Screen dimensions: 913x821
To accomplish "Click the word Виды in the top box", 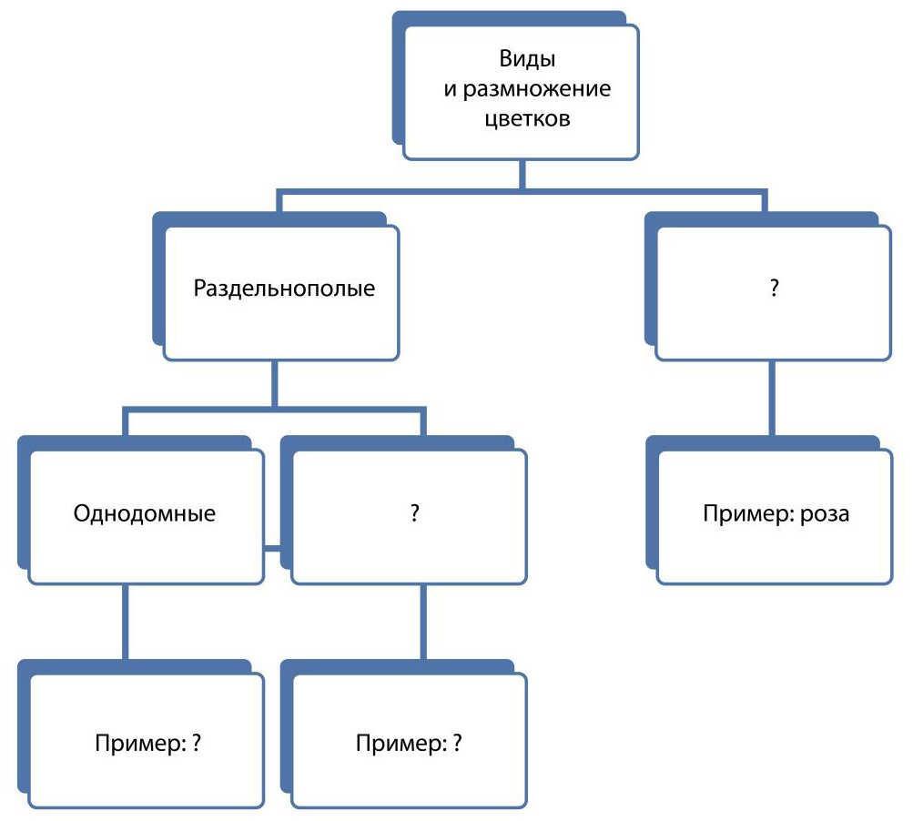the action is [x=527, y=59].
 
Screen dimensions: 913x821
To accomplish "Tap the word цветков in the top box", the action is [x=527, y=119].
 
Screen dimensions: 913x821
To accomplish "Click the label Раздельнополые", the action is [x=284, y=289].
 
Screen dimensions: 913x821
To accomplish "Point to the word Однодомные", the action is [x=145, y=513].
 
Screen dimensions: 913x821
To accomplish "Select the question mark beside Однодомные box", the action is [x=414, y=513].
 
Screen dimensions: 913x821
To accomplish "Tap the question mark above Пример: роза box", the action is [x=774, y=288].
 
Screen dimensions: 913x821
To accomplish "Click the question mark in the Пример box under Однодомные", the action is [x=196, y=743].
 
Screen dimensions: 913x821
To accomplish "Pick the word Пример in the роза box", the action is [x=748, y=513].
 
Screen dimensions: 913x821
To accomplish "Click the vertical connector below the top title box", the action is [x=522, y=174].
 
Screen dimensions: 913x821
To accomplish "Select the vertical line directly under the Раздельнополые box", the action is [x=274, y=384].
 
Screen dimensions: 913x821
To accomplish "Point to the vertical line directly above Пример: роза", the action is [x=772, y=399].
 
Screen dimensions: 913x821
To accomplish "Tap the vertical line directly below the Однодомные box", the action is [x=126, y=623].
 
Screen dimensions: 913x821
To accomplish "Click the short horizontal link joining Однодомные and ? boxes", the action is [x=272, y=548].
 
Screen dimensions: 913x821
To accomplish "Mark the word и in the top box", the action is [x=450, y=90].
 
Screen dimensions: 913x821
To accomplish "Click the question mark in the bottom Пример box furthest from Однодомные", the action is [x=457, y=743].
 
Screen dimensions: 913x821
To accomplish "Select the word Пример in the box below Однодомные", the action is [x=140, y=744].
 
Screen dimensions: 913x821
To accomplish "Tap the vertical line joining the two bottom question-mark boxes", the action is [x=423, y=623].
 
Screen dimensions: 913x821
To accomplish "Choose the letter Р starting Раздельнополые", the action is [x=199, y=289].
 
